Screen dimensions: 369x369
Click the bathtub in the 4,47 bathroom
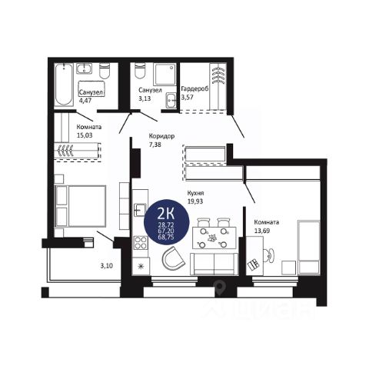point(64,85)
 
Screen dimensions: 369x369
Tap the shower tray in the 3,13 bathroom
point(165,74)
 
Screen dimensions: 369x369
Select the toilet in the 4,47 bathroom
point(105,71)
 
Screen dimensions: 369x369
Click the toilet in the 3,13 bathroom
point(140,71)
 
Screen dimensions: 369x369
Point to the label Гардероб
point(194,88)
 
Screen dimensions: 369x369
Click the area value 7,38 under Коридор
point(155,145)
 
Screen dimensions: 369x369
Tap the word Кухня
point(195,193)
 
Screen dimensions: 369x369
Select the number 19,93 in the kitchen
point(195,201)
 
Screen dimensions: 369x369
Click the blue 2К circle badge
point(167,222)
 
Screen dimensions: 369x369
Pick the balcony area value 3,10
point(106,266)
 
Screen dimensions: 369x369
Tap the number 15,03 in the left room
point(85,135)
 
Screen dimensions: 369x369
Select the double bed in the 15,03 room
point(81,206)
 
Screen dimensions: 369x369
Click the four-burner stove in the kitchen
point(141,243)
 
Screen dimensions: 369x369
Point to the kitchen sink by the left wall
point(140,210)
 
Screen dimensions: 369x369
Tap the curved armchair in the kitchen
point(173,258)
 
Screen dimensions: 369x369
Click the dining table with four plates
point(214,238)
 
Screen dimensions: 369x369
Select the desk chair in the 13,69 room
point(269,255)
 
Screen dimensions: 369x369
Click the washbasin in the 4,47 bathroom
point(84,68)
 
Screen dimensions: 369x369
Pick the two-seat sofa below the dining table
point(214,264)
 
